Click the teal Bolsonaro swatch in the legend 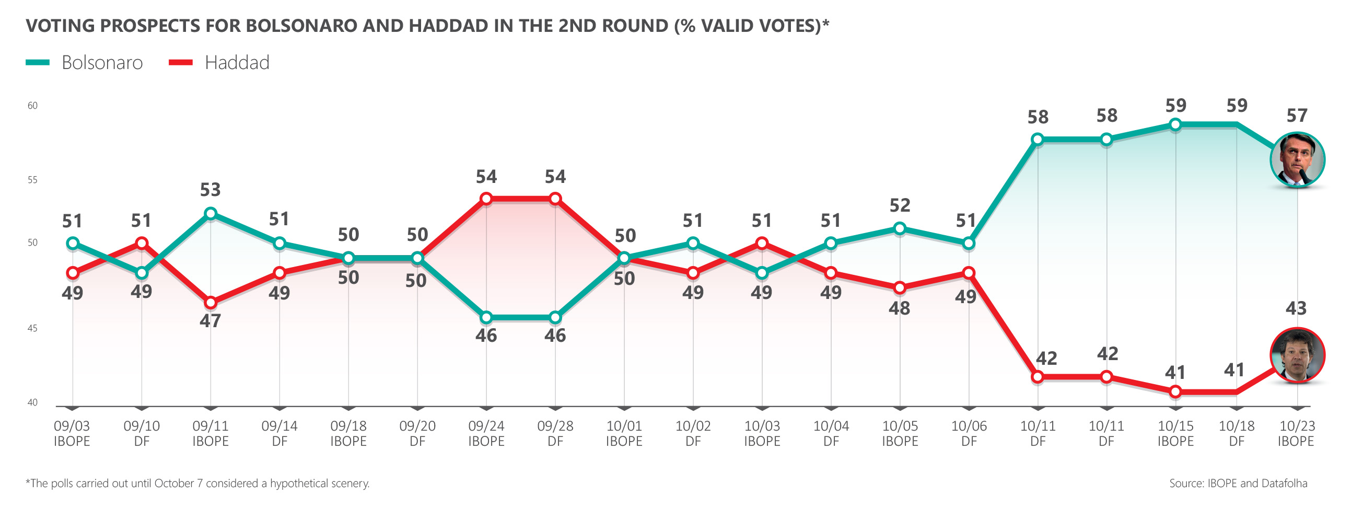coord(38,63)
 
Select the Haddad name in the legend coord(237,63)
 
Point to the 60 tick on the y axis coord(32,106)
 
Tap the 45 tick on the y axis coord(32,328)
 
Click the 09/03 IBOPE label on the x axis coord(72,433)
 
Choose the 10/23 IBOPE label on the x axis coord(1297,433)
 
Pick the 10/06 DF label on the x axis coord(969,433)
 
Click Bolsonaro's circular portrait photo coord(1298,160)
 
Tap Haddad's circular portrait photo coord(1298,355)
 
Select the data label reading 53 coord(211,190)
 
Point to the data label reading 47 coord(211,321)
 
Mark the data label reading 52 coord(900,205)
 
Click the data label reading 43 coord(1296,308)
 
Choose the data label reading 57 coord(1297,116)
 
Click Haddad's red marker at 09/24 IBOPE coord(486,199)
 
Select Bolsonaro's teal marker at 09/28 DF coord(555,317)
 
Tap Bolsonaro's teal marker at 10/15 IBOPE coord(1175,124)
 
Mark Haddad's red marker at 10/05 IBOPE coord(900,288)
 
